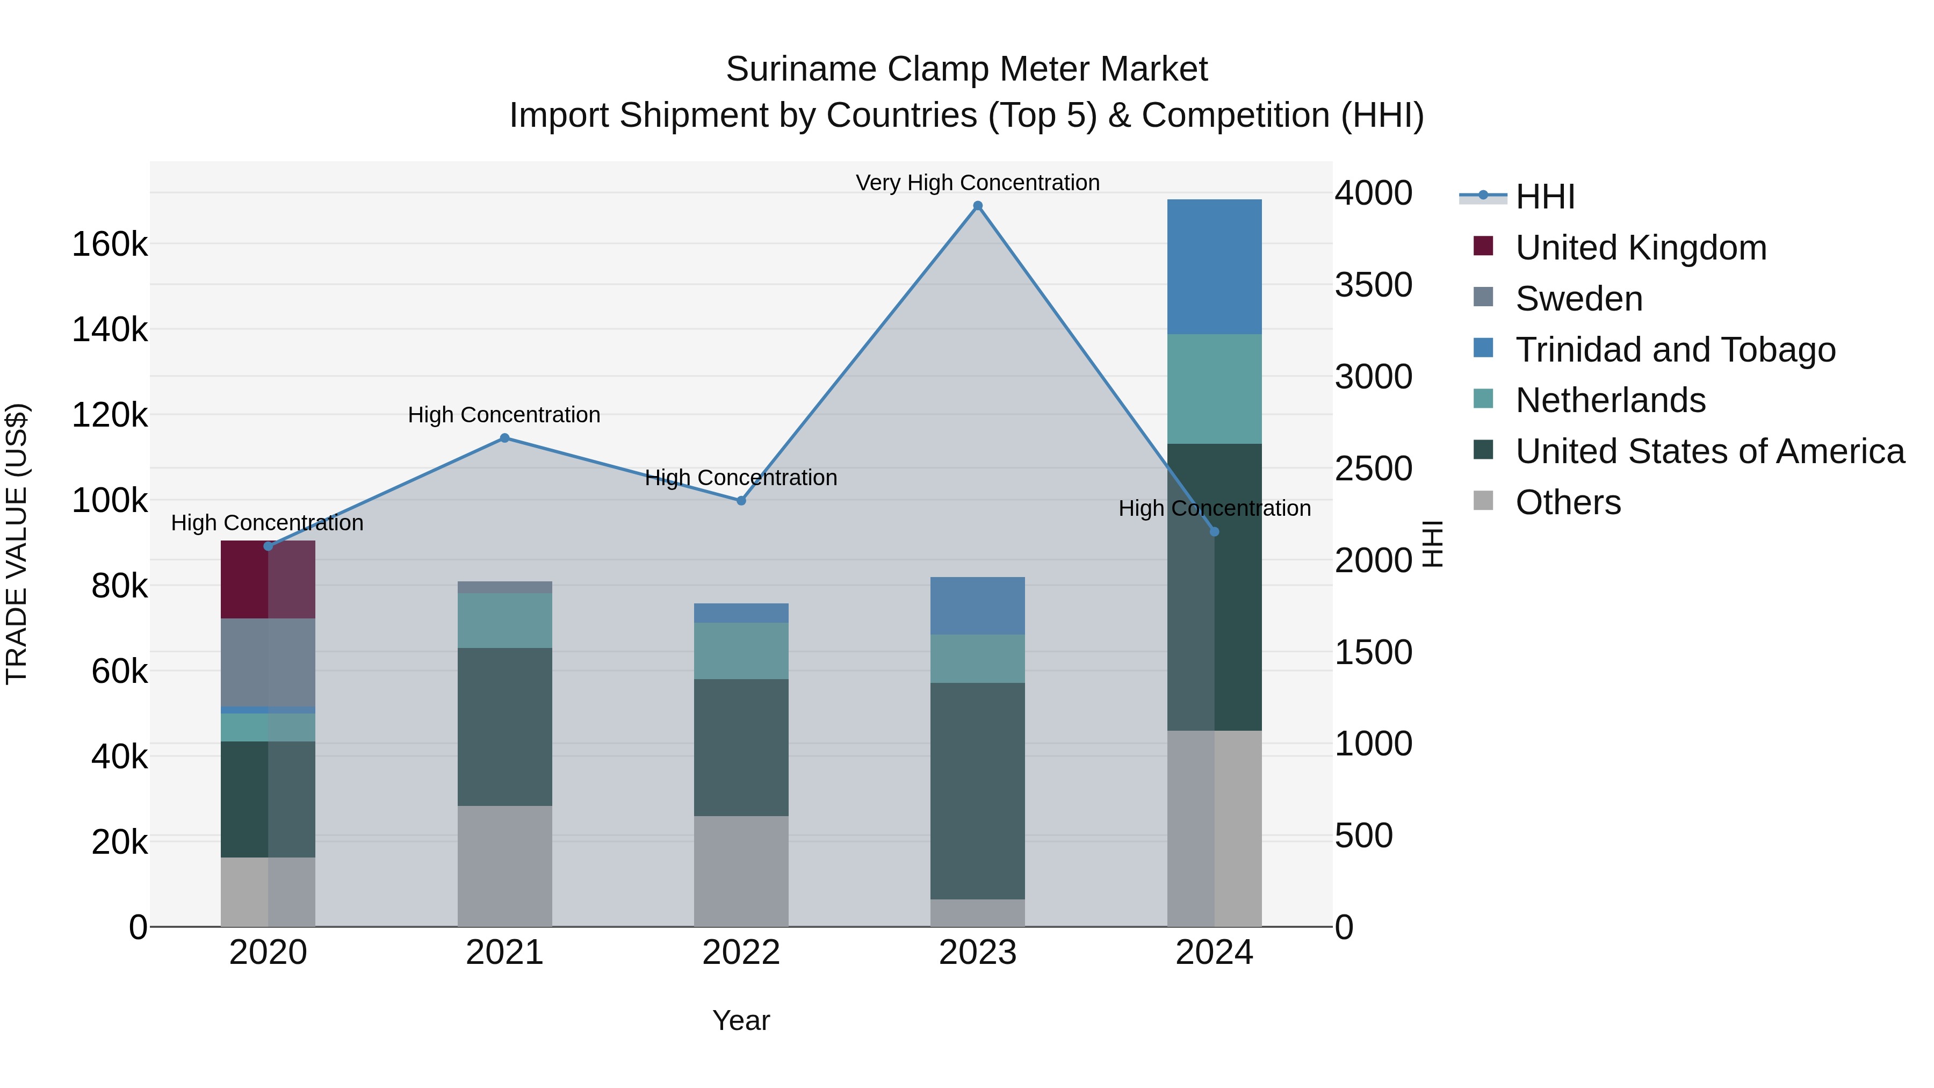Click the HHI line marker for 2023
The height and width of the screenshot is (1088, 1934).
[x=978, y=206]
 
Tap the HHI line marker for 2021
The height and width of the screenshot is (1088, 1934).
[x=504, y=438]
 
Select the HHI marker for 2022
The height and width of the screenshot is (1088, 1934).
[x=741, y=501]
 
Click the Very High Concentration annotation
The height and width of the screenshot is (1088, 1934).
[x=978, y=183]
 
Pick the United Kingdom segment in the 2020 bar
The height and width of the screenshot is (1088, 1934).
[x=268, y=580]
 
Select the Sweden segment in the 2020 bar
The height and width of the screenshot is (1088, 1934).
[x=268, y=662]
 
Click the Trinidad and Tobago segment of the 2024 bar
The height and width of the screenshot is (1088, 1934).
[x=1214, y=266]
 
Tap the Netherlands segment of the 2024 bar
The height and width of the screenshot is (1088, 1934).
[x=1214, y=389]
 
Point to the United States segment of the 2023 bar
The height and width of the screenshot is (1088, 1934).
[x=978, y=791]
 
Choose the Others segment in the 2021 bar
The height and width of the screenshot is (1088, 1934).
[x=504, y=866]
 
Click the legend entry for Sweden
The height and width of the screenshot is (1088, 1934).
[x=1579, y=299]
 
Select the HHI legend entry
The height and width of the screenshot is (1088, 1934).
[x=1545, y=197]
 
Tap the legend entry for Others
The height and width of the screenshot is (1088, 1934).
[x=1568, y=502]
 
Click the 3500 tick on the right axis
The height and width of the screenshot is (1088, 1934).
[x=1373, y=285]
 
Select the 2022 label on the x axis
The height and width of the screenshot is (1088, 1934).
[x=741, y=953]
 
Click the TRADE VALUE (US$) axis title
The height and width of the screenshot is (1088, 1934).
[x=17, y=544]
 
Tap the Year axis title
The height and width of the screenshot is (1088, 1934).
[x=741, y=1020]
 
